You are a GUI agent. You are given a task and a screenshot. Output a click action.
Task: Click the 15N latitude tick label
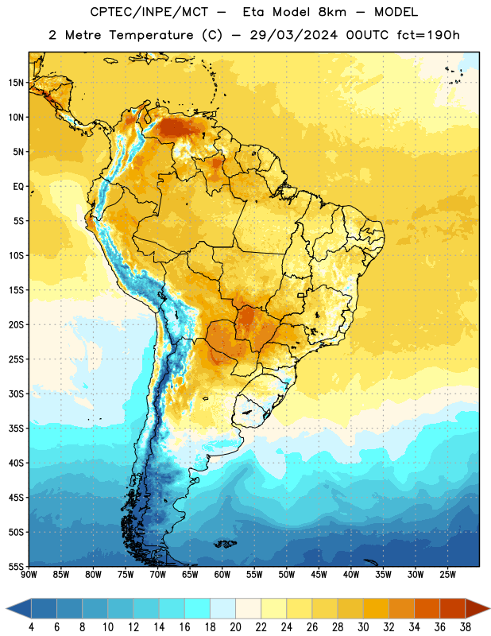pyautogui.click(x=16, y=83)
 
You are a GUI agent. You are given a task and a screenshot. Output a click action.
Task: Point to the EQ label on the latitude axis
pyautogui.click(x=18, y=187)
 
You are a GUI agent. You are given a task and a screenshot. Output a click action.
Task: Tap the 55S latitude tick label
pyautogui.click(x=16, y=566)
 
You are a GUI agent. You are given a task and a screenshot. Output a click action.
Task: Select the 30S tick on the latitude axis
pyautogui.click(x=16, y=394)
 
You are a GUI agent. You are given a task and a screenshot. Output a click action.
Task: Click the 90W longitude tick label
pyautogui.click(x=29, y=575)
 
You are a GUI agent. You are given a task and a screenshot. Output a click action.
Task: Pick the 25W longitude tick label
pyautogui.click(x=447, y=575)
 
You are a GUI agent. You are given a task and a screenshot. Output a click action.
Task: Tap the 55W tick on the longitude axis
pyautogui.click(x=254, y=575)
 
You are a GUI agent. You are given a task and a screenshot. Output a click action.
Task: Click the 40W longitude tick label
pyautogui.click(x=351, y=575)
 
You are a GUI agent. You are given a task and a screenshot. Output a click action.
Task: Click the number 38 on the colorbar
pyautogui.click(x=465, y=627)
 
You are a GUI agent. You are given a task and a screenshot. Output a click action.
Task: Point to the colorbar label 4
pyautogui.click(x=31, y=627)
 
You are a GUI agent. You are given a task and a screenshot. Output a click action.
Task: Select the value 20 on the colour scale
pyautogui.click(x=235, y=627)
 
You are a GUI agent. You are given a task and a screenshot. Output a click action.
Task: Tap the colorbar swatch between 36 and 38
pyautogui.click(x=453, y=608)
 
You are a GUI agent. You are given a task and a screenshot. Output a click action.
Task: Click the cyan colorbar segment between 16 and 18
pyautogui.click(x=197, y=608)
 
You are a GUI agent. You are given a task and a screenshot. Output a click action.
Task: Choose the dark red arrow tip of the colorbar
pyautogui.click(x=477, y=608)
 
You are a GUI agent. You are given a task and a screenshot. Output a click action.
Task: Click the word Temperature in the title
pyautogui.click(x=151, y=35)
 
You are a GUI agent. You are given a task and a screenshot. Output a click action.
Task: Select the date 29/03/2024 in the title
pyautogui.click(x=293, y=35)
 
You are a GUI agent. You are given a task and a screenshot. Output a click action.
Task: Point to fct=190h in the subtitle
pyautogui.click(x=428, y=35)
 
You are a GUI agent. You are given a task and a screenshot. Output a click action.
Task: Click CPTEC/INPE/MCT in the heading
pyautogui.click(x=149, y=12)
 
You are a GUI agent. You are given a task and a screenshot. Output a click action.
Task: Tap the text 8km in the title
pyautogui.click(x=332, y=12)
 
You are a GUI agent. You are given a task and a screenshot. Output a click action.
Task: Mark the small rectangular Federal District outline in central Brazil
pyautogui.click(x=301, y=295)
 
